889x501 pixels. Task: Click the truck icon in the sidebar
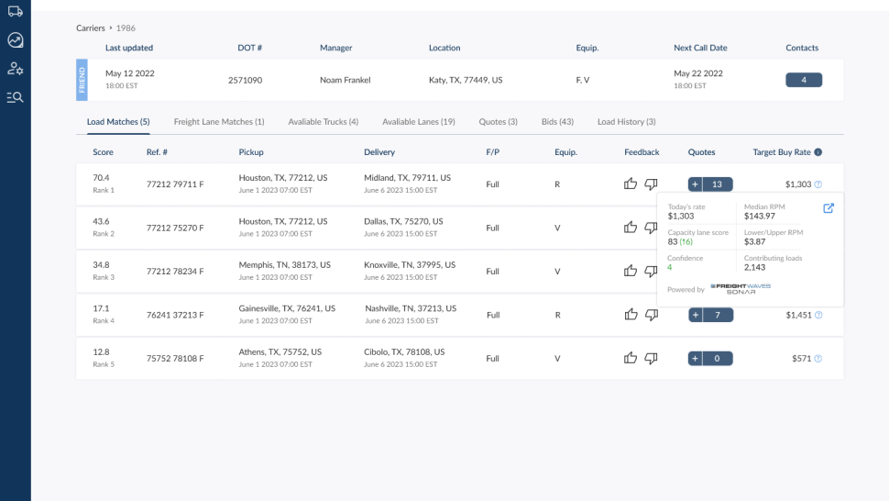click(16, 11)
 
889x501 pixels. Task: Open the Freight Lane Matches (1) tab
click(219, 121)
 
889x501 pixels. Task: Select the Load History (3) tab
click(627, 121)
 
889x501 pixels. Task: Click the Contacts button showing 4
click(804, 80)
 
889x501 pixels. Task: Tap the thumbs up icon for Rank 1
click(631, 184)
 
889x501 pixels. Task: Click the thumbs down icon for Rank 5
click(651, 358)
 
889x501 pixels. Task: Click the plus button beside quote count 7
click(696, 315)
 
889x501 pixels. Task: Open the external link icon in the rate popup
click(829, 208)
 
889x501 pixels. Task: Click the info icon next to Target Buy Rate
click(818, 152)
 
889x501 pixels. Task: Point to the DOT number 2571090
click(245, 80)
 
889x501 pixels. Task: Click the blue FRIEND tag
click(82, 80)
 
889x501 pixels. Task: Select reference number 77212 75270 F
click(175, 228)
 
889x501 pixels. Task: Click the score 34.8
click(101, 265)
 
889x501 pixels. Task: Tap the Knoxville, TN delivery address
click(410, 265)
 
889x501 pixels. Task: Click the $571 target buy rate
click(801, 359)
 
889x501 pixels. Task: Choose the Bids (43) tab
click(557, 121)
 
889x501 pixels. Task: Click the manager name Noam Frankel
click(345, 80)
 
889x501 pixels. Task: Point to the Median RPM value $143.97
click(759, 217)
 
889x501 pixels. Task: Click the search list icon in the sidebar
click(16, 97)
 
